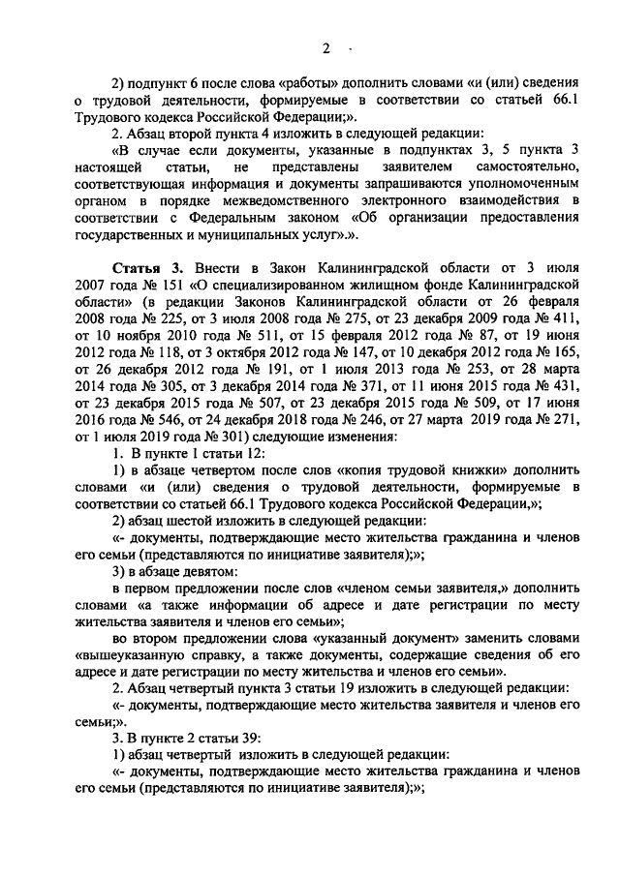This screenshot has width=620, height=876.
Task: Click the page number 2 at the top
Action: (326, 48)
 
